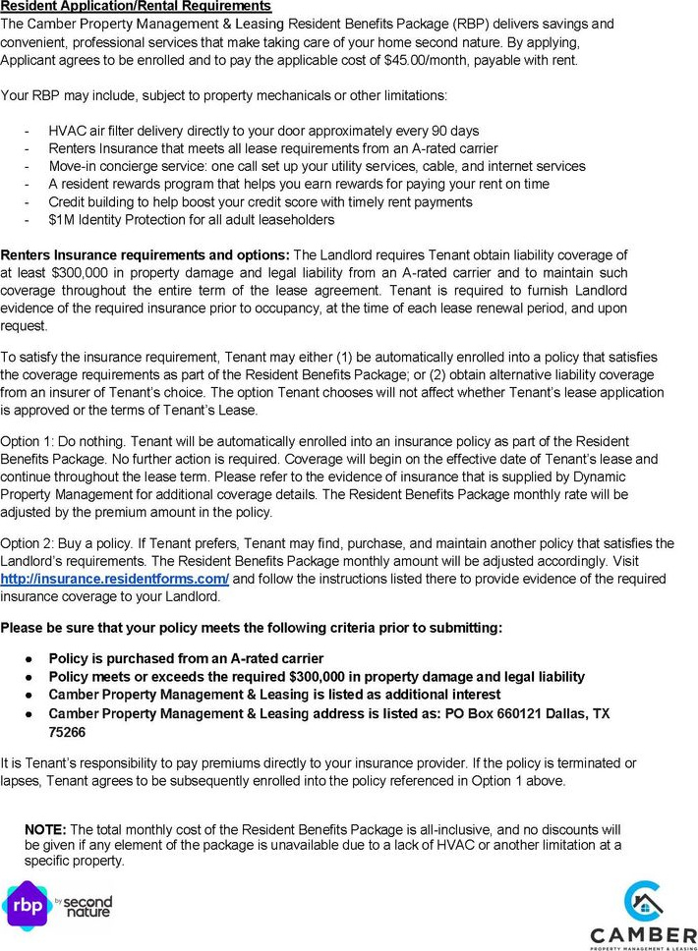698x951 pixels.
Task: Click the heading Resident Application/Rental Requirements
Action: (x=137, y=7)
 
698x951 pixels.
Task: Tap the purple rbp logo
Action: (x=26, y=906)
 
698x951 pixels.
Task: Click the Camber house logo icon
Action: (x=644, y=901)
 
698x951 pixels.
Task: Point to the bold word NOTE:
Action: (x=45, y=829)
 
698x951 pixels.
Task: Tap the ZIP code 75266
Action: (x=67, y=731)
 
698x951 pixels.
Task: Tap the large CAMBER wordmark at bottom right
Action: (x=643, y=932)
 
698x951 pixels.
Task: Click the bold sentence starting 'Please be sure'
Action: (x=251, y=628)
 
